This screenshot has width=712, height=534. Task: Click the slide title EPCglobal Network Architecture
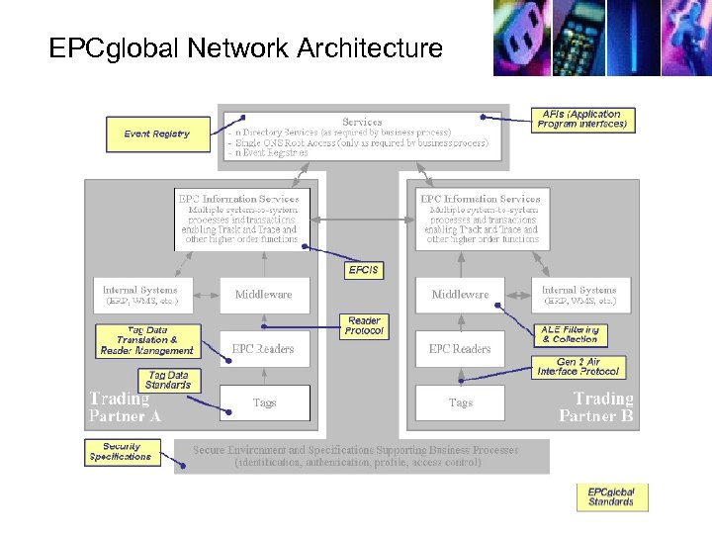245,47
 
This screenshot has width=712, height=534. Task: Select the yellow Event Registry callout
157,134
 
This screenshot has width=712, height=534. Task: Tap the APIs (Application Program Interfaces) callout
582,120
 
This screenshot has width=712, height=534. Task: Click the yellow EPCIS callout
363,270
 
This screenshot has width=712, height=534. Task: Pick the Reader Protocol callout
364,325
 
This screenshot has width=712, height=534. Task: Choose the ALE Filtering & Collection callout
569,334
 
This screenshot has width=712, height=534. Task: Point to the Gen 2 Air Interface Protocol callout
578,367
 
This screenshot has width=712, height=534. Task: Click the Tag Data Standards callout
168,380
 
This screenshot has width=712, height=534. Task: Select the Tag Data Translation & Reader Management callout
147,341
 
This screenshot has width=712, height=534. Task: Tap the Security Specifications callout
121,453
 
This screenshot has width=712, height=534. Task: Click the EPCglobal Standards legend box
611,497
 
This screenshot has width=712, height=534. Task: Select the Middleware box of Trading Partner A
264,295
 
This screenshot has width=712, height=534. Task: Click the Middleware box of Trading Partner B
460,295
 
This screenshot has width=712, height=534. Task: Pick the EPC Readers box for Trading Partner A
264,349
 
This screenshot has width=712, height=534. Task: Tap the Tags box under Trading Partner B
460,402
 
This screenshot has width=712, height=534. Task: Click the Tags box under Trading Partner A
264,402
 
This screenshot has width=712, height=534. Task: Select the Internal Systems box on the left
140,295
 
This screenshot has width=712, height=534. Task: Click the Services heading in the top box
362,122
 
